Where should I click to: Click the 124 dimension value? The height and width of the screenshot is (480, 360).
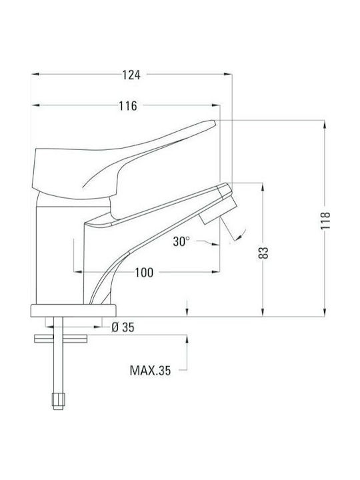pos(131,75)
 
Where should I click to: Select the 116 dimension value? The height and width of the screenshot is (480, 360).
pos(127,106)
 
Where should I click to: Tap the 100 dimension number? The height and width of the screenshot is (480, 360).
pos(144,272)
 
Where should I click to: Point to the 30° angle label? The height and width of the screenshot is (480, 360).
pos(181,241)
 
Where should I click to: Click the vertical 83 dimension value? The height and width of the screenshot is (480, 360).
pos(263,253)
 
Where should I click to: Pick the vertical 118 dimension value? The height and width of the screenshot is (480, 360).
pos(325,221)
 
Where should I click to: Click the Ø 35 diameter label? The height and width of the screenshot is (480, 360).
pos(123,327)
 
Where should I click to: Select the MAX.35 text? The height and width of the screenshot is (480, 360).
pos(150,371)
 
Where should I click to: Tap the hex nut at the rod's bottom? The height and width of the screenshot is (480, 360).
pos(58,401)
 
